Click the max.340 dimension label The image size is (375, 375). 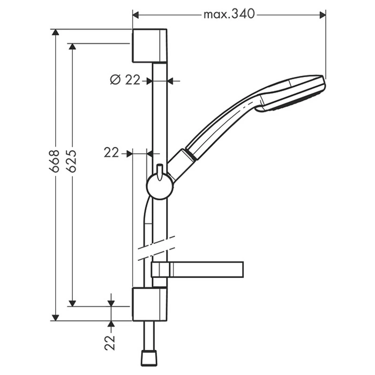pos(229,14)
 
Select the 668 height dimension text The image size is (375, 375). pos(54,161)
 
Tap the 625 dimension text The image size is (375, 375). pos(71,161)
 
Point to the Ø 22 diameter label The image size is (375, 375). pos(125,80)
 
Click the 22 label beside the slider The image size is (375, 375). pos(111,152)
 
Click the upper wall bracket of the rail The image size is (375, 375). pos(149,46)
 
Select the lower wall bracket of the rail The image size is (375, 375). pos(149,304)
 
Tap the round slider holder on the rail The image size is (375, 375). pos(160,186)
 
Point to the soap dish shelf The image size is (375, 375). pos(197,269)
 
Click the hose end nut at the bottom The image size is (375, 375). pos(149,358)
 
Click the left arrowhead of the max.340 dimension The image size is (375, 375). pos(136,16)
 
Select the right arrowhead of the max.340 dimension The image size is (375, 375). pos(322,16)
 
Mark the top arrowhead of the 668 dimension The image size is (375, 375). pos(56,32)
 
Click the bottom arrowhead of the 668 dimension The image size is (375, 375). pos(56,318)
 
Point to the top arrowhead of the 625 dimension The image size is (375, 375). pos(72,47)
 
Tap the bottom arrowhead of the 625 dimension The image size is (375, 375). pos(72,303)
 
